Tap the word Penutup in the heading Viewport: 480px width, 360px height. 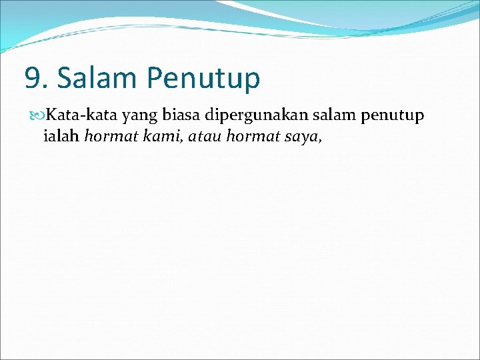[x=203, y=79]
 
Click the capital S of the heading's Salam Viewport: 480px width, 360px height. [x=65, y=78]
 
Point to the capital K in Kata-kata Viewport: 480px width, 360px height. [x=51, y=116]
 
